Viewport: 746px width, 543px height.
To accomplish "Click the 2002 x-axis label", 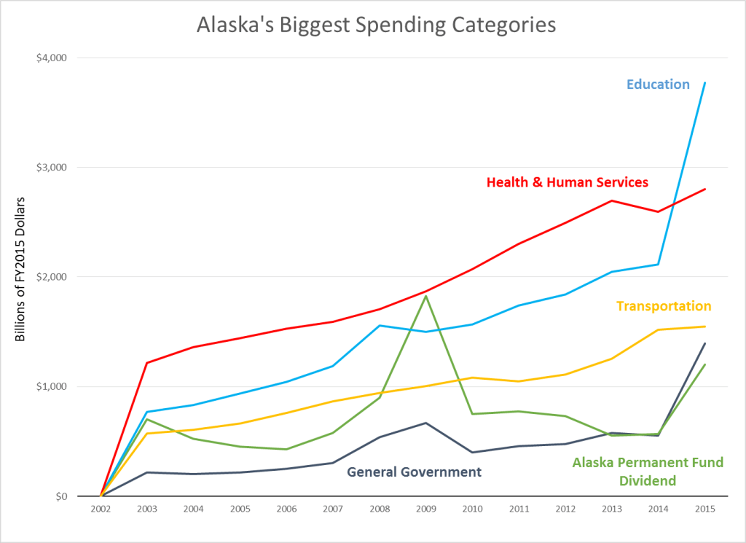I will [x=101, y=509].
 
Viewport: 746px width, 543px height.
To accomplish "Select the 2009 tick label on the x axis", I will [x=425, y=509].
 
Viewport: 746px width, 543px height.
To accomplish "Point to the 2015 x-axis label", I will [x=704, y=509].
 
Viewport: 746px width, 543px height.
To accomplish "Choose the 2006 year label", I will [x=286, y=509].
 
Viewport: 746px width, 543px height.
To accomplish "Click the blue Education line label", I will [x=658, y=85].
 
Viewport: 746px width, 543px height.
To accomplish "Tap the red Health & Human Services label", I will [x=567, y=182].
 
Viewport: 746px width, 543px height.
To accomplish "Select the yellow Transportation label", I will [x=664, y=306].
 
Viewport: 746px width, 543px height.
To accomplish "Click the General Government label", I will [x=414, y=472].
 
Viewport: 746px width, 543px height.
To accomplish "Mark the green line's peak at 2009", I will [x=425, y=296].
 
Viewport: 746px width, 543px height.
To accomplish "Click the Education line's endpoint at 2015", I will [x=704, y=83].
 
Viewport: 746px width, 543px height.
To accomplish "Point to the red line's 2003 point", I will [x=147, y=363].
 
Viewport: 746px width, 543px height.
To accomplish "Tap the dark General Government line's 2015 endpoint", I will [x=704, y=343].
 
